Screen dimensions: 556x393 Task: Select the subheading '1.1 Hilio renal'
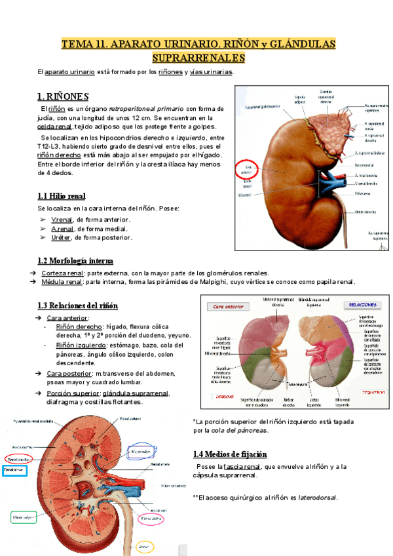coord(62,196)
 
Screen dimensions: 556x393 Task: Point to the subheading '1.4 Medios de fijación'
coord(230,454)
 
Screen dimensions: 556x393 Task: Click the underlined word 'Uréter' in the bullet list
coord(61,237)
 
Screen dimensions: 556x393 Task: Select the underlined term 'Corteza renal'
coord(62,273)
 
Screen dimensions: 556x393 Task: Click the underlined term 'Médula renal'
coord(62,282)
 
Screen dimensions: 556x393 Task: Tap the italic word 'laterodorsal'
coord(318,498)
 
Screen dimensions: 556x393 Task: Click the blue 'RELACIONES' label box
coord(362,305)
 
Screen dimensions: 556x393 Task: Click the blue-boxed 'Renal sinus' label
coord(15,469)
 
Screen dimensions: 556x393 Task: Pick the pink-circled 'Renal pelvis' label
coord(151,519)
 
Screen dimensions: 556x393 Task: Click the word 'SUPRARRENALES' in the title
coord(198,58)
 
